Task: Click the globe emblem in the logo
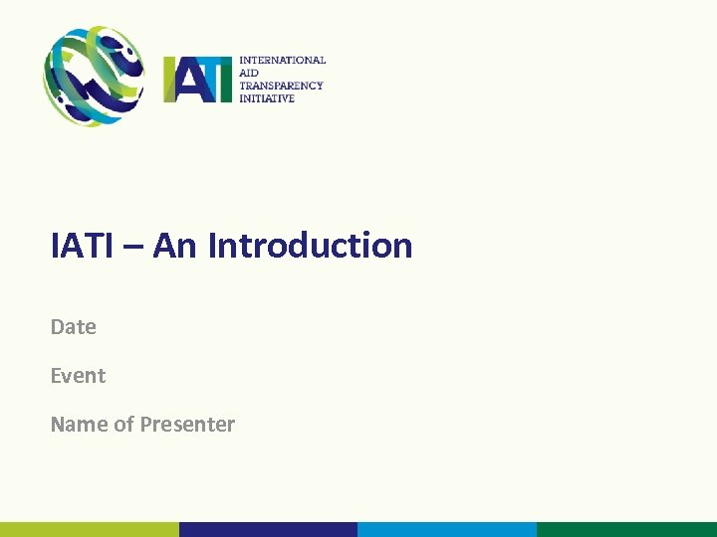tap(93, 77)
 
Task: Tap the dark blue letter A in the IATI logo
tap(188, 81)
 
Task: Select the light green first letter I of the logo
tap(169, 80)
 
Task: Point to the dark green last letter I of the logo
tap(228, 80)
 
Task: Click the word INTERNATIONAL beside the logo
tap(282, 61)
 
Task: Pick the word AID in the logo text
tap(248, 74)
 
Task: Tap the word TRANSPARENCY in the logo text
tap(281, 86)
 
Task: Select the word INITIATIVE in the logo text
tap(267, 98)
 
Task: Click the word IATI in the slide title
tap(82, 246)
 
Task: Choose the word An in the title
tap(175, 246)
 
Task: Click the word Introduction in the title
tap(310, 246)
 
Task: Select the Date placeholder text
tap(74, 327)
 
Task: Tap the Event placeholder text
tap(78, 376)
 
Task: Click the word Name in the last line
tap(79, 425)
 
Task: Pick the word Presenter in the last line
tap(187, 425)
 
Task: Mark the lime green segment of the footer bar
tap(90, 529)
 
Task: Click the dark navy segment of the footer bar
tap(268, 529)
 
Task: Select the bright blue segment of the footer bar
tap(447, 529)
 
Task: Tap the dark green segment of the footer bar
tap(626, 529)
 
